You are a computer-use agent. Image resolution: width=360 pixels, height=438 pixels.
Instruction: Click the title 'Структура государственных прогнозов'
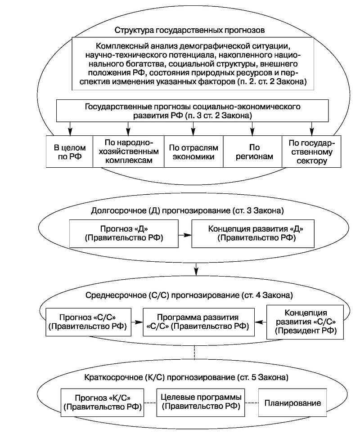point(189,31)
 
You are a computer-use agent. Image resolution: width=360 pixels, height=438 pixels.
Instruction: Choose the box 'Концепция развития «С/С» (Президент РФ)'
point(305,321)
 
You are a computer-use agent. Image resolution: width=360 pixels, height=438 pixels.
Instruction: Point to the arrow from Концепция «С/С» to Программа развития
point(260,321)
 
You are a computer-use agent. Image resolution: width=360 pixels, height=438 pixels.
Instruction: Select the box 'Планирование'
point(292,402)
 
